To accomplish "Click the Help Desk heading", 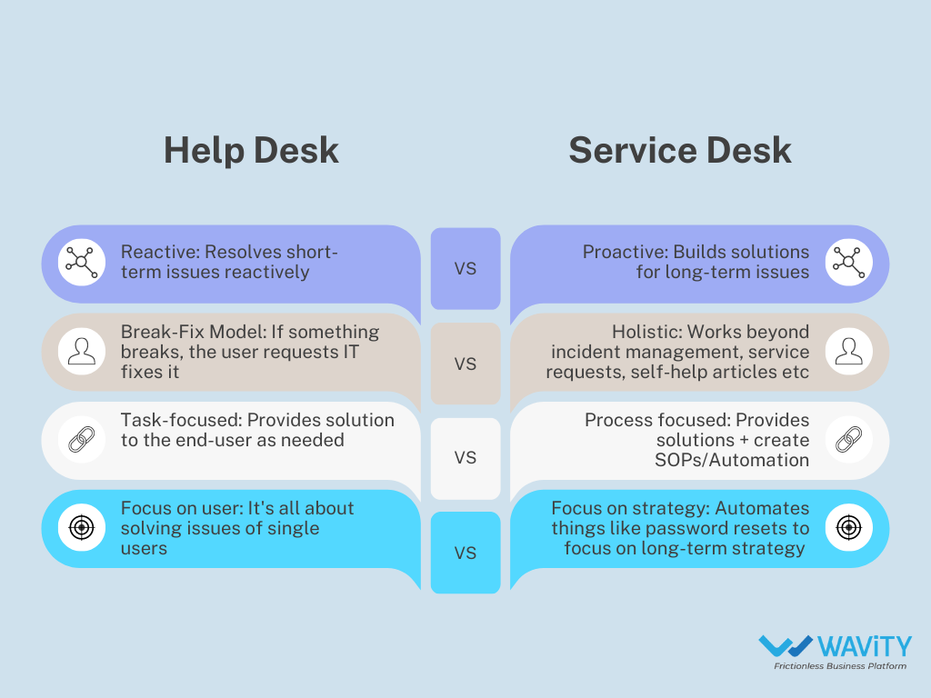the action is tap(251, 151).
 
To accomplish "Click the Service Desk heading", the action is tap(680, 151).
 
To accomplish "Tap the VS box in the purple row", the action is tap(465, 269).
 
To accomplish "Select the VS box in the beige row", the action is tap(465, 364).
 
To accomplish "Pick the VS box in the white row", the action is tap(465, 458).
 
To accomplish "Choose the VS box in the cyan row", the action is tap(465, 553).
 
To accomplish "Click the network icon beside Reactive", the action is tap(82, 262).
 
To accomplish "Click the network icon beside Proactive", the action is tap(848, 262).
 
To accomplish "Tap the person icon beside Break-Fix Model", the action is tap(82, 351).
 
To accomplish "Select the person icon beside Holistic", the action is tap(848, 351).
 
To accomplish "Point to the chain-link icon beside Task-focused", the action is tap(82, 440).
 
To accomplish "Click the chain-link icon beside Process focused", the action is tap(848, 440).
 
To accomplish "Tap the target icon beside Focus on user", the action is tap(82, 528).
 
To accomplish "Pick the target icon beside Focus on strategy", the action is tap(848, 528).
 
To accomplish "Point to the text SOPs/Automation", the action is tap(733, 460).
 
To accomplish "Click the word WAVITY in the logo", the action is tap(864, 647).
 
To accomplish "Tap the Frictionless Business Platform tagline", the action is tap(840, 667).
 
